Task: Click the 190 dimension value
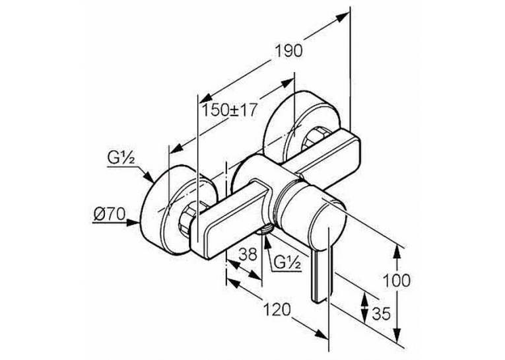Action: pos(289,51)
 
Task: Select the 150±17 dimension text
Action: pos(229,110)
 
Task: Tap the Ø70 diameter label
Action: pos(109,213)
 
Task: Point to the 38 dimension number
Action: pos(248,254)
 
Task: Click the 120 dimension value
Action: pos(277,310)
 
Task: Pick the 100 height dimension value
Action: pos(396,280)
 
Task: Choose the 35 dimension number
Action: pos(381,314)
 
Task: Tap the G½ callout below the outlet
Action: pos(288,264)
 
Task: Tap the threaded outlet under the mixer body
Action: pos(265,230)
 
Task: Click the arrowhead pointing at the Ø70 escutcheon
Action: pos(133,223)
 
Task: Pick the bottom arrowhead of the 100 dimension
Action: pos(397,332)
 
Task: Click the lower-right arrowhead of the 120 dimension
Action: pos(321,334)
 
